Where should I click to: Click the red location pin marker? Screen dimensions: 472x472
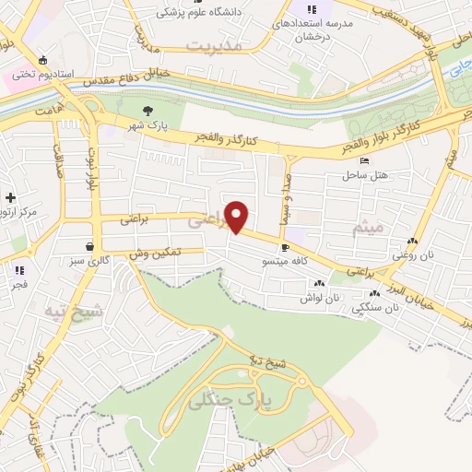tap(238, 216)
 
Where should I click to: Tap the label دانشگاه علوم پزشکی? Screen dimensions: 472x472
tap(193, 12)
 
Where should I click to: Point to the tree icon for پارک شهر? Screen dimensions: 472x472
tap(147, 111)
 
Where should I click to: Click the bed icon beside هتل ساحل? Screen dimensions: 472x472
tap(364, 161)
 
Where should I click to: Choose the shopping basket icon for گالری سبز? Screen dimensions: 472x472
tap(88, 247)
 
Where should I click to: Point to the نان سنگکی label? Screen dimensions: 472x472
tap(374, 310)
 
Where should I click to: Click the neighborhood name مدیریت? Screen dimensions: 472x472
tap(213, 44)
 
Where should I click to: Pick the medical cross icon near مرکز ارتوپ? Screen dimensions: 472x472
tap(10, 197)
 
